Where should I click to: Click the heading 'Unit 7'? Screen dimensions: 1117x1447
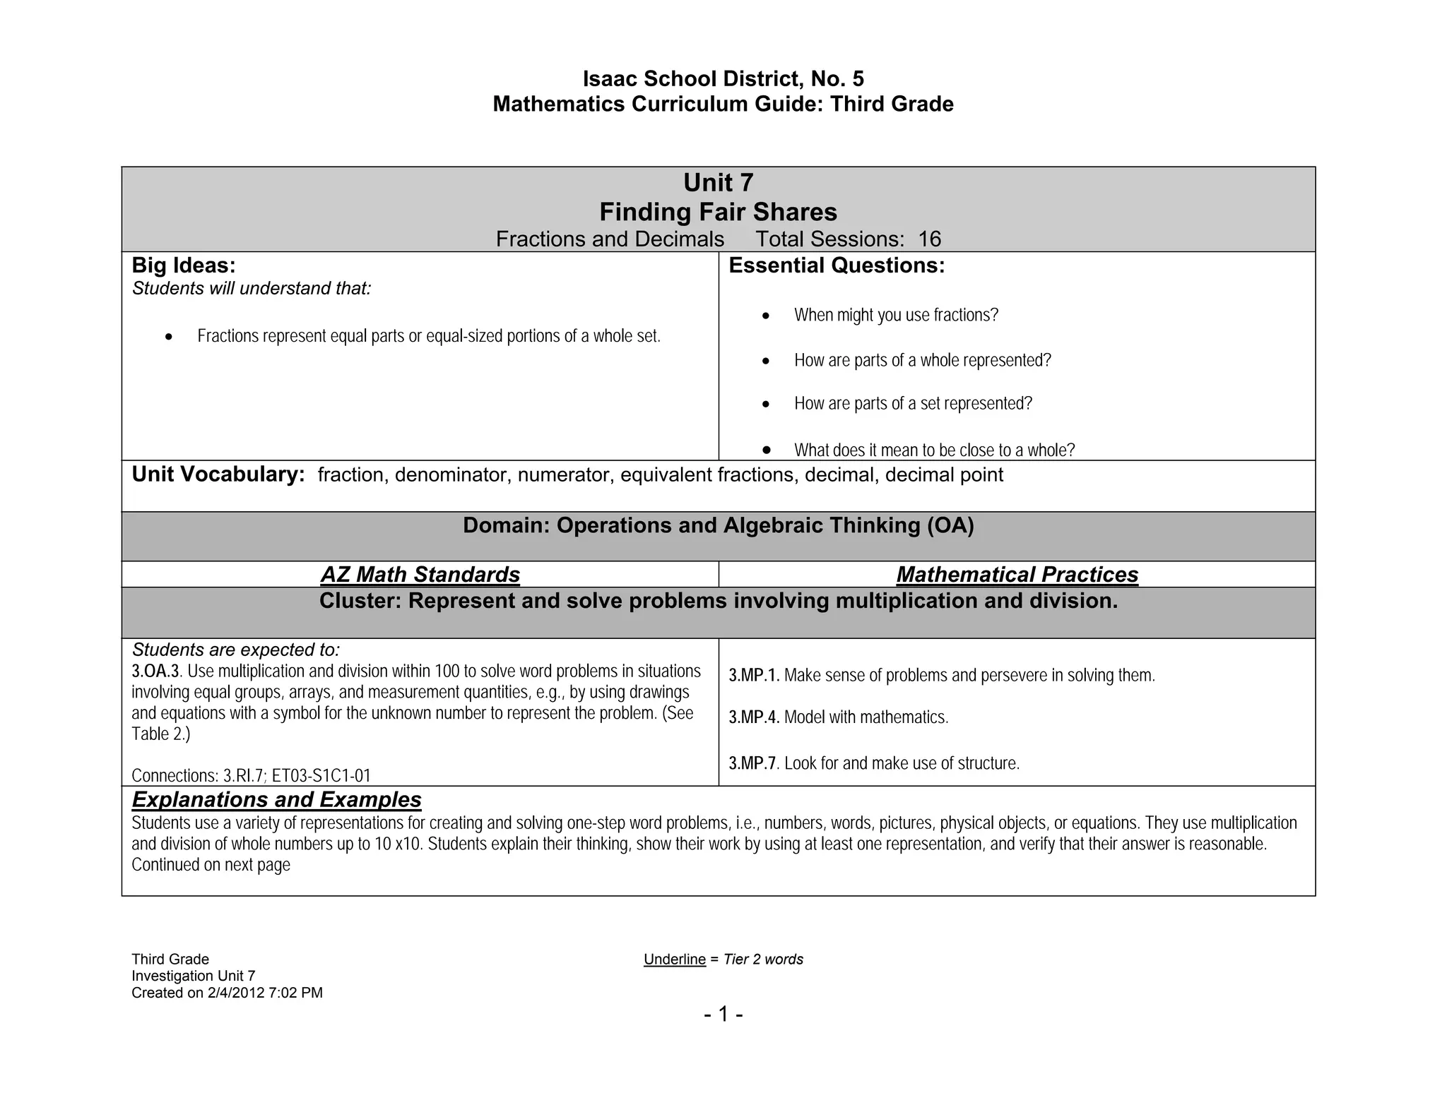tap(718, 184)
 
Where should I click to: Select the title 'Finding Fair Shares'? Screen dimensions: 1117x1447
tap(718, 213)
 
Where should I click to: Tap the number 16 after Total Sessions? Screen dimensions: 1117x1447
tap(929, 239)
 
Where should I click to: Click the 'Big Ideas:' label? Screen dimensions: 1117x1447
tap(184, 266)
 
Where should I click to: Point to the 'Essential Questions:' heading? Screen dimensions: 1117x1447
tap(837, 266)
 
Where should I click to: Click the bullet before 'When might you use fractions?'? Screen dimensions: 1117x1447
tap(766, 316)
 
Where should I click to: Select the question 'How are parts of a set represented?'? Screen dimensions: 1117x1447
tap(913, 404)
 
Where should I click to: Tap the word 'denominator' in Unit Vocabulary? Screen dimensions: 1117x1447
tap(451, 475)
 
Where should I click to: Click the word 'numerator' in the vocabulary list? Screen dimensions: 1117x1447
tap(565, 475)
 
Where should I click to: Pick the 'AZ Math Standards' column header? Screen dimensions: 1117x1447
tap(420, 575)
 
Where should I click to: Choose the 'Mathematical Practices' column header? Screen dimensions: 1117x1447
tap(1017, 575)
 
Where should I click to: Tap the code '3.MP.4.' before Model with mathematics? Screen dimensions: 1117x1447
tap(753, 718)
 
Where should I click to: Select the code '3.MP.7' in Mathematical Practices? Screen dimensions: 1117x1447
tap(752, 764)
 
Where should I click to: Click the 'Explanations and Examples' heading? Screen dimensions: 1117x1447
tap(276, 800)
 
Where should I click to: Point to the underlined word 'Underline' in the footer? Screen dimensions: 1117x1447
tap(674, 960)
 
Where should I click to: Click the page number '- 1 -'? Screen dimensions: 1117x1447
tap(723, 1015)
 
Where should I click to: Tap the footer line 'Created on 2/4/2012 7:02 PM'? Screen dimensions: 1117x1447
tap(227, 993)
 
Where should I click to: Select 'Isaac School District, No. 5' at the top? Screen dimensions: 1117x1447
tap(723, 78)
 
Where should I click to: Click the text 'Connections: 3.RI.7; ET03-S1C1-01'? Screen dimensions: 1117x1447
tap(251, 776)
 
